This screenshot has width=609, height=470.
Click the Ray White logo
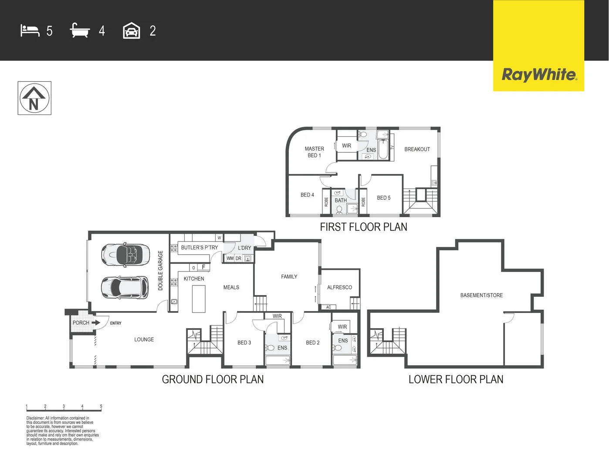coord(538,74)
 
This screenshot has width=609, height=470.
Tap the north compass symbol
coord(34,98)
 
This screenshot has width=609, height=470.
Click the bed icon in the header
coord(30,31)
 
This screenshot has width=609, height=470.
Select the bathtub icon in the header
coord(80,31)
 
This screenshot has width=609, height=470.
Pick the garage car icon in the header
coord(131,31)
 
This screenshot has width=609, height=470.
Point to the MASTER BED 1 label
coord(314,152)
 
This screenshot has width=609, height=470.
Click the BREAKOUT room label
coord(417,149)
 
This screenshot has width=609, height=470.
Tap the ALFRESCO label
coord(339,287)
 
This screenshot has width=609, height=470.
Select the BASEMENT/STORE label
coord(481,295)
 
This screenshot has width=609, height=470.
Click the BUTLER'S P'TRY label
coord(199,247)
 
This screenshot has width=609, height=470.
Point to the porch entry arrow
coord(96,322)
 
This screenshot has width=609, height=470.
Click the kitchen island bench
coord(199,299)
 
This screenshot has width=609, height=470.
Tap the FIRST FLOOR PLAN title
coord(363,227)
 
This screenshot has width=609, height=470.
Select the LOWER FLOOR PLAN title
coord(456,379)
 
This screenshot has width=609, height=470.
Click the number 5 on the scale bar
coord(101,406)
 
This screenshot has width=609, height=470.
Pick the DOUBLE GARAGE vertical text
coord(160,270)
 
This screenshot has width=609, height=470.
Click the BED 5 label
coord(383,198)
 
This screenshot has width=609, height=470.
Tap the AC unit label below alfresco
coord(328,307)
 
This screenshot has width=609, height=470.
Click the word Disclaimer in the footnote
coord(35,418)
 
